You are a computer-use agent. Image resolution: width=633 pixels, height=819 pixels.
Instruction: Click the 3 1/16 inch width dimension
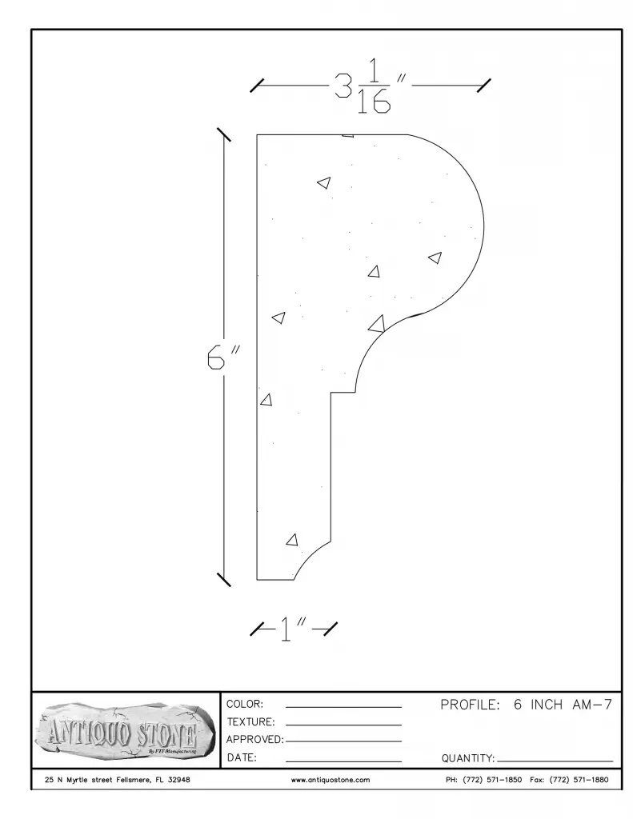[370, 86]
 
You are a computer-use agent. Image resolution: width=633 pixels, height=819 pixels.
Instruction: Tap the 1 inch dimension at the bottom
[292, 629]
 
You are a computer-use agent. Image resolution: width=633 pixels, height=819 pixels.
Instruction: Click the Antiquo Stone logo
[125, 731]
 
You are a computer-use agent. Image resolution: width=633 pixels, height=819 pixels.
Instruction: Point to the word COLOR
[245, 704]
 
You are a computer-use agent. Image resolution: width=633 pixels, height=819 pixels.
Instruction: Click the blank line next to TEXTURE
[343, 725]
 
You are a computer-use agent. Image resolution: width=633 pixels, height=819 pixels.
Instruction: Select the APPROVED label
[254, 740]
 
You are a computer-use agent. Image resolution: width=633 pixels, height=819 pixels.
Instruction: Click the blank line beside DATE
[343, 761]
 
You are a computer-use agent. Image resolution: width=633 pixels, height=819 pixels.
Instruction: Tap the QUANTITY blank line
[555, 761]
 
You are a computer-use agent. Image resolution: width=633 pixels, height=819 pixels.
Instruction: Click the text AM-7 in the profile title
[591, 705]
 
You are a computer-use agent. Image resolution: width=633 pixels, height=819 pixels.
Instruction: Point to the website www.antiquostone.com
[331, 780]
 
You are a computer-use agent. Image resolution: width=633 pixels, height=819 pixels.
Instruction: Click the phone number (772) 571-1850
[492, 780]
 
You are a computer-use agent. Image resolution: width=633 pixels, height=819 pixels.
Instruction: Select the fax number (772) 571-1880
[579, 780]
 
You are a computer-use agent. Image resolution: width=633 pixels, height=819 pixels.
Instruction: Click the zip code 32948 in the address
[178, 780]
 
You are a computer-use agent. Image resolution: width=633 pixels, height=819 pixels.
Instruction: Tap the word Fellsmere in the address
[133, 780]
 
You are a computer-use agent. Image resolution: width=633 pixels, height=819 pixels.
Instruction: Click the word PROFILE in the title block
[470, 705]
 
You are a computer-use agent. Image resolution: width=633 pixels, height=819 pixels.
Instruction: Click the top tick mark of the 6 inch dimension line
[224, 134]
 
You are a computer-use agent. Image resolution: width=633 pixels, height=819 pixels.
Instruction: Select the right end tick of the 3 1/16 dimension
[483, 86]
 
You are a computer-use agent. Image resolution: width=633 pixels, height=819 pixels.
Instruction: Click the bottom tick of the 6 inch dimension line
[224, 579]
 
